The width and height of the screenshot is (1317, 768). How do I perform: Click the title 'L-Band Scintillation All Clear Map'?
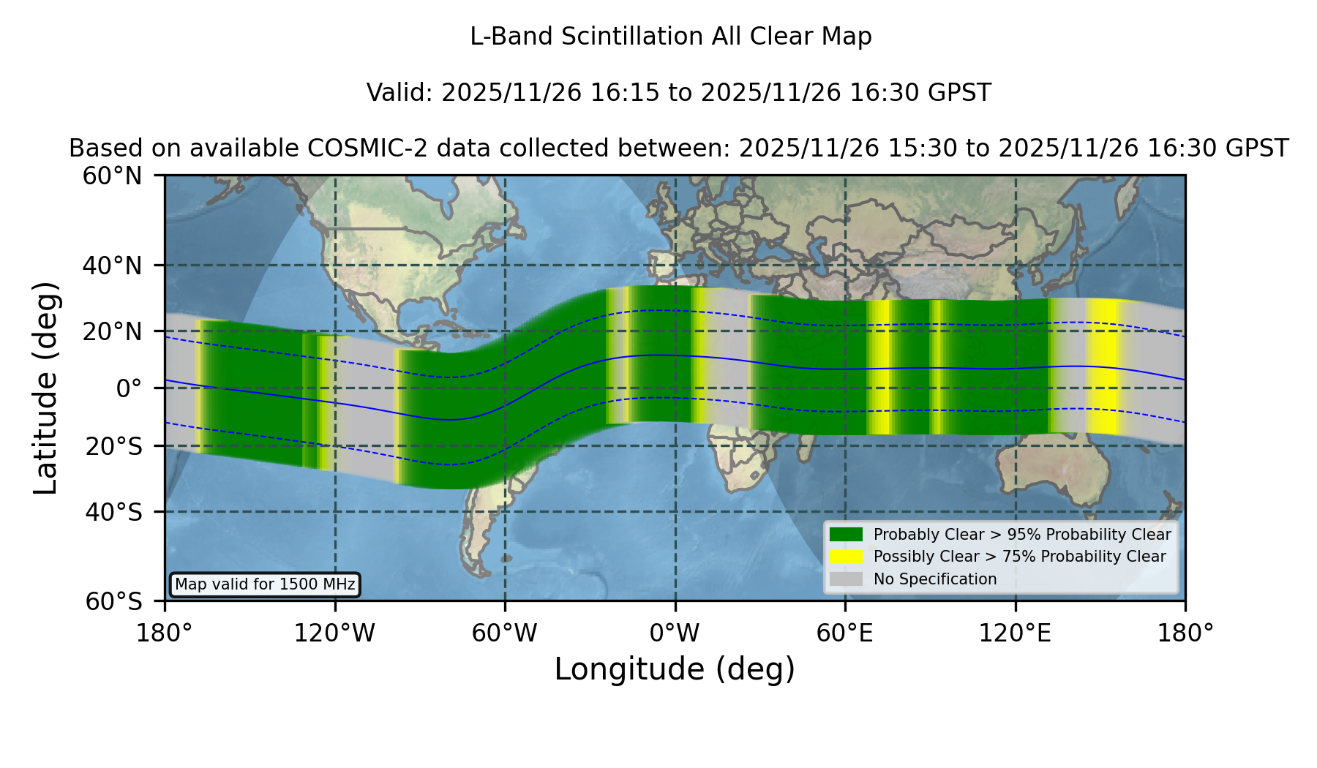670,37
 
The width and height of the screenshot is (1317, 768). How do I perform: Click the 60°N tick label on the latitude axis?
112,176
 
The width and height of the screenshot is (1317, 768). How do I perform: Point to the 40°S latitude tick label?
113,512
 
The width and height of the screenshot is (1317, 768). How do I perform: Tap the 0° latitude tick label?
129,388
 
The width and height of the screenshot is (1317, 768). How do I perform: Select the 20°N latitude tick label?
112,331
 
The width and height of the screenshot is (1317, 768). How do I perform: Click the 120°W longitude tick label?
334,633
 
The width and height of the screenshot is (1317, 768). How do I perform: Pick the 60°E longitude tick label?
845,633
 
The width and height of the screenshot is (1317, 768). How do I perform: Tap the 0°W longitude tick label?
675,633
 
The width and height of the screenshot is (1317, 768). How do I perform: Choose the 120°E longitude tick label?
1015,633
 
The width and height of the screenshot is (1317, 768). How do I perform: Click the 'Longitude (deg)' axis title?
675,669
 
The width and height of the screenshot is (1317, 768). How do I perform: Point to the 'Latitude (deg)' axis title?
45,388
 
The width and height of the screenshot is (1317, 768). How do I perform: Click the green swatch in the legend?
846,535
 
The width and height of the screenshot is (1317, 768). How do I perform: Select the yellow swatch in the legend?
846,557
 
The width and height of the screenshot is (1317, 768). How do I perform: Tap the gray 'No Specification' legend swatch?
846,579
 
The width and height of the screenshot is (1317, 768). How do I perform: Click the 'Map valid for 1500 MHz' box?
265,584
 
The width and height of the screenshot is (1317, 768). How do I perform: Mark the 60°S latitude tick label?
113,602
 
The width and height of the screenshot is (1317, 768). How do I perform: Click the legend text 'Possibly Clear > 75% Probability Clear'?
1020,557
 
